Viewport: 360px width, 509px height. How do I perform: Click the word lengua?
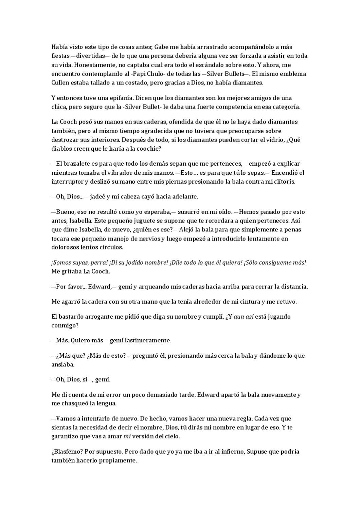106,403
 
